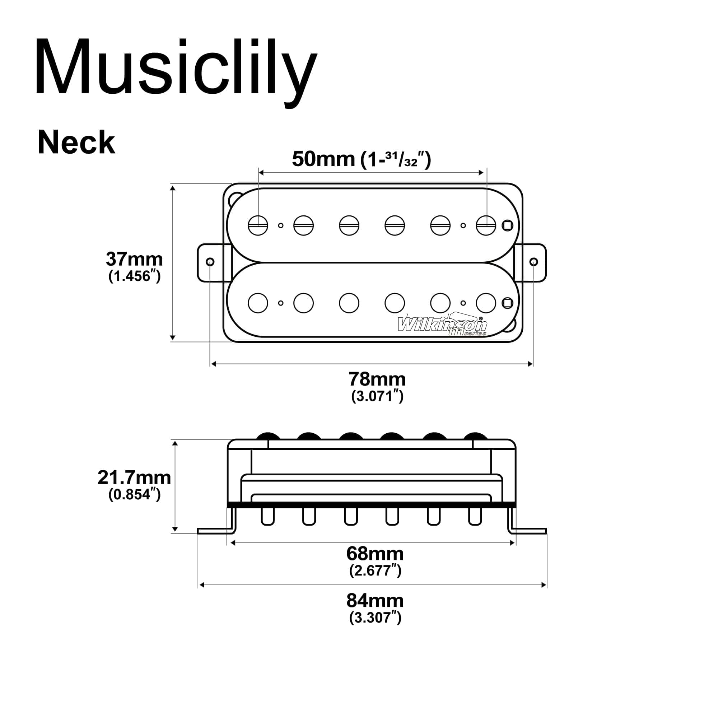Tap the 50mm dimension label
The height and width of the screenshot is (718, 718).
(324, 159)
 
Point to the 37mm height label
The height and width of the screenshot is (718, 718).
(134, 259)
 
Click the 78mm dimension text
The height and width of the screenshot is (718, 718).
(377, 379)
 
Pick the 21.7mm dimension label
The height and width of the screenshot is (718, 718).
(134, 477)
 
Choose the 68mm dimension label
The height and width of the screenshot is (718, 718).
(375, 554)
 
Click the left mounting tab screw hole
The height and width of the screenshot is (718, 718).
(210, 262)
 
